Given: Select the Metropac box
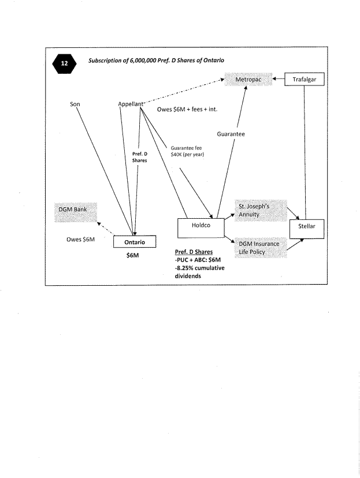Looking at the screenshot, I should [247, 79].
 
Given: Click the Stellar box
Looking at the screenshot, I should [306, 227].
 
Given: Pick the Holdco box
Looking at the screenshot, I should [201, 227].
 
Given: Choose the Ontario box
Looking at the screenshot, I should [134, 242].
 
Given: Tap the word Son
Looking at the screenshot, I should [75, 104].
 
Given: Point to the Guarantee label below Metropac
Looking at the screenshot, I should [231, 134].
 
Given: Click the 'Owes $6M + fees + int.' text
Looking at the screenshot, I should [187, 110].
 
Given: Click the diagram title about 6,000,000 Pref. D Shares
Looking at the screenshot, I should [156, 61].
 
